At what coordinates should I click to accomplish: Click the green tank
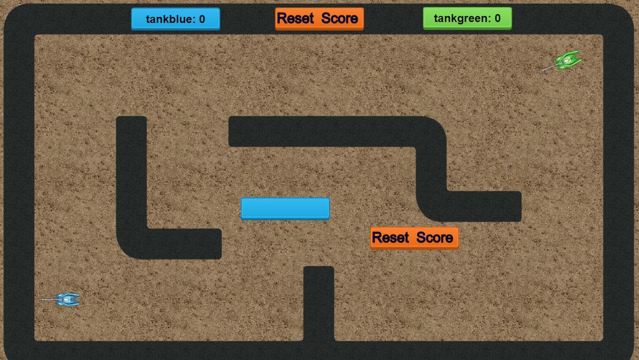pos(568,60)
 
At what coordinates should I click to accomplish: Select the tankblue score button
pos(176,19)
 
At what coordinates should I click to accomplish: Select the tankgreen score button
pos(467,18)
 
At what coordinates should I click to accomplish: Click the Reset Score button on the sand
pos(414,238)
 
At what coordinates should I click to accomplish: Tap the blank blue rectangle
pos(285,209)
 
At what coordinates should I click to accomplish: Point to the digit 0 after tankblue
pos(202,19)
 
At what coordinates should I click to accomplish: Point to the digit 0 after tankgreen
pos(498,18)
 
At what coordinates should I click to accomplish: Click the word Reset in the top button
pos(295,19)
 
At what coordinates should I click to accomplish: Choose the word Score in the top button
pos(340,19)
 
